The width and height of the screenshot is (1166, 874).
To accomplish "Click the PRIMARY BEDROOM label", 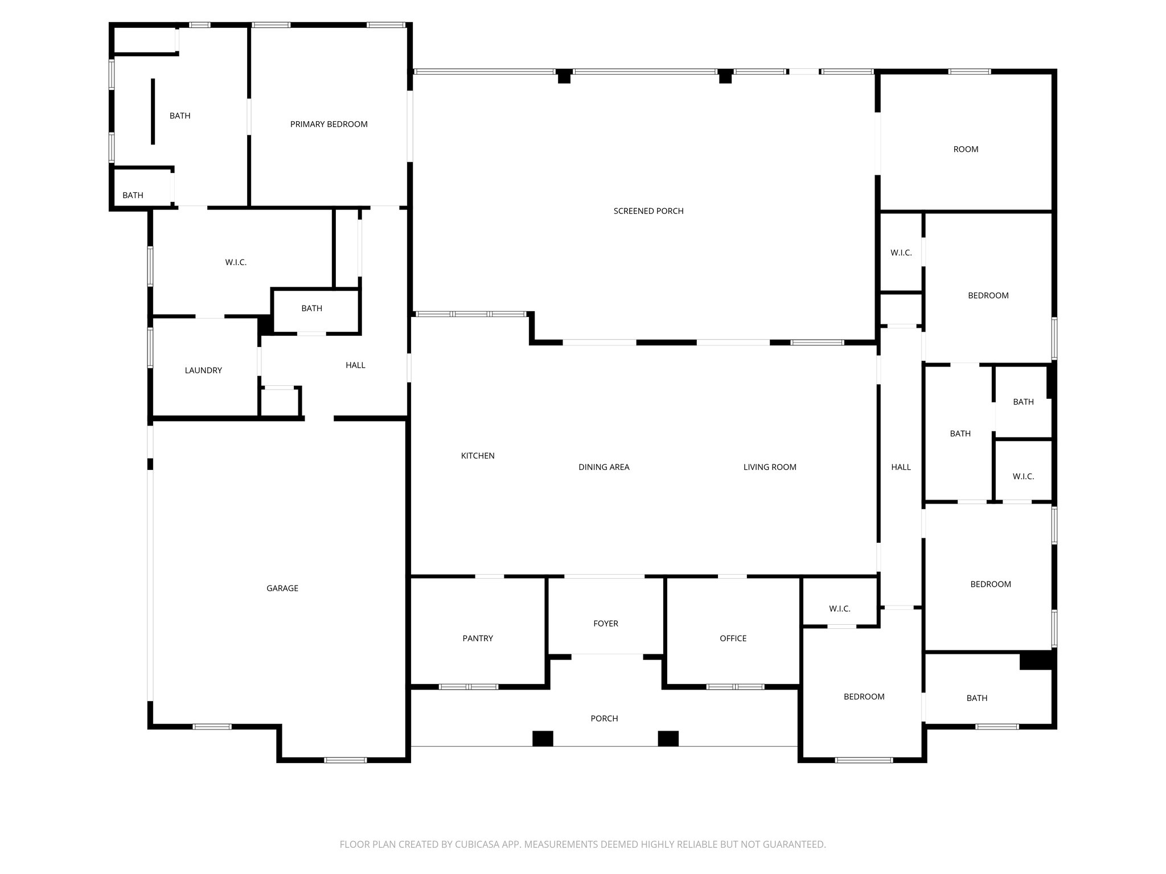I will (x=329, y=124).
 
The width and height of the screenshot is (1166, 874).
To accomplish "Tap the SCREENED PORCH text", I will (x=648, y=211).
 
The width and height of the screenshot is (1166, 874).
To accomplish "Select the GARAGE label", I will (x=282, y=588).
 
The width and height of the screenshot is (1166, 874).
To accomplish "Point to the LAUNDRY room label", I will (x=203, y=370).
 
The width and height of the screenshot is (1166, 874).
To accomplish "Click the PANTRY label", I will (x=478, y=638).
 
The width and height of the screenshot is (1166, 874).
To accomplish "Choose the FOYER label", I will (x=605, y=624).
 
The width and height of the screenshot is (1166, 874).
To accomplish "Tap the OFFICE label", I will (x=733, y=638).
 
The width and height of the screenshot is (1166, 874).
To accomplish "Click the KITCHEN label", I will (x=478, y=456).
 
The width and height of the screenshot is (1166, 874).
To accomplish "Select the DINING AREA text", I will (x=603, y=467).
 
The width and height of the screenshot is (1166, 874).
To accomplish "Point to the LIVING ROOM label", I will (x=769, y=467).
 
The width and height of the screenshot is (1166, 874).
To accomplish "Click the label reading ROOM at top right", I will (x=966, y=150).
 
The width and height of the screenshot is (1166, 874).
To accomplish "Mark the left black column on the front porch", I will (x=543, y=739).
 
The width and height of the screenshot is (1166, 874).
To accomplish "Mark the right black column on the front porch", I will (x=668, y=739).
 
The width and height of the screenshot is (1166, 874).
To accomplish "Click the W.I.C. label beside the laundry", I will (x=236, y=262).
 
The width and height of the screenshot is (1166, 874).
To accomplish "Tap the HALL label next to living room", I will (x=901, y=467).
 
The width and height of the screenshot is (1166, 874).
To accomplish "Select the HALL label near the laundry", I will (x=355, y=365).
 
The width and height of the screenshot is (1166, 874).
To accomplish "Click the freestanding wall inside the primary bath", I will (x=153, y=112).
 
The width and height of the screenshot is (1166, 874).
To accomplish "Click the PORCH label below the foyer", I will (x=604, y=719).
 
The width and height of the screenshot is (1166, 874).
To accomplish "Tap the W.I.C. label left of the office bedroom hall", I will (x=839, y=609).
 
